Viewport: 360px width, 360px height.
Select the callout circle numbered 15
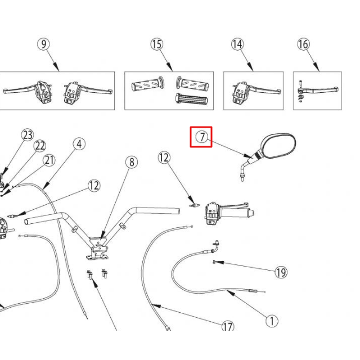(x=156, y=44)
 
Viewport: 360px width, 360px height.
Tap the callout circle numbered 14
(x=237, y=44)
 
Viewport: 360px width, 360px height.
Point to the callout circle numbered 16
(x=303, y=44)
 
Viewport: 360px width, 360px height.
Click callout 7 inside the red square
(x=201, y=136)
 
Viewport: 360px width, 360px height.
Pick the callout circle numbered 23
(x=28, y=135)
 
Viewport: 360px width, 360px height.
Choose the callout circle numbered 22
(x=39, y=146)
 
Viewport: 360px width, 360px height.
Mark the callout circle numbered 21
(x=49, y=160)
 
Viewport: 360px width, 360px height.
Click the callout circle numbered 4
(x=79, y=143)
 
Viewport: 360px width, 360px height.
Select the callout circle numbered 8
(x=130, y=163)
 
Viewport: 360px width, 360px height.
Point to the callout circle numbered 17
(x=228, y=326)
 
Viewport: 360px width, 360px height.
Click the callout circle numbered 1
(x=271, y=321)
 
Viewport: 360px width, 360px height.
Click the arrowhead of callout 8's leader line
(x=101, y=237)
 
